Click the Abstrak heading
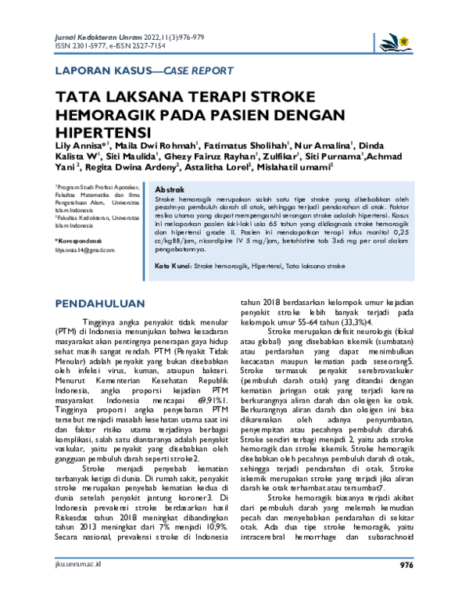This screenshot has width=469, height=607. pos(170,190)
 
